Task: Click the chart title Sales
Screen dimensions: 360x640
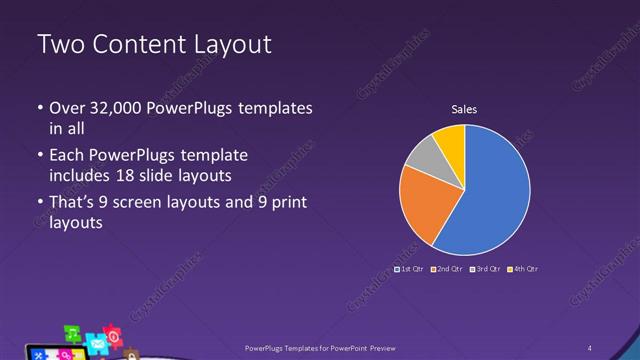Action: coord(464,109)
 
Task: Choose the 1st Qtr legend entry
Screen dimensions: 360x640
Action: coord(410,269)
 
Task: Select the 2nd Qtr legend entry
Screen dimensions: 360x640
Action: coord(449,269)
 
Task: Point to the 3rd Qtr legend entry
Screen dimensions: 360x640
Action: coord(486,269)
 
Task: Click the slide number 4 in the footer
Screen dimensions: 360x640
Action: coord(590,347)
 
